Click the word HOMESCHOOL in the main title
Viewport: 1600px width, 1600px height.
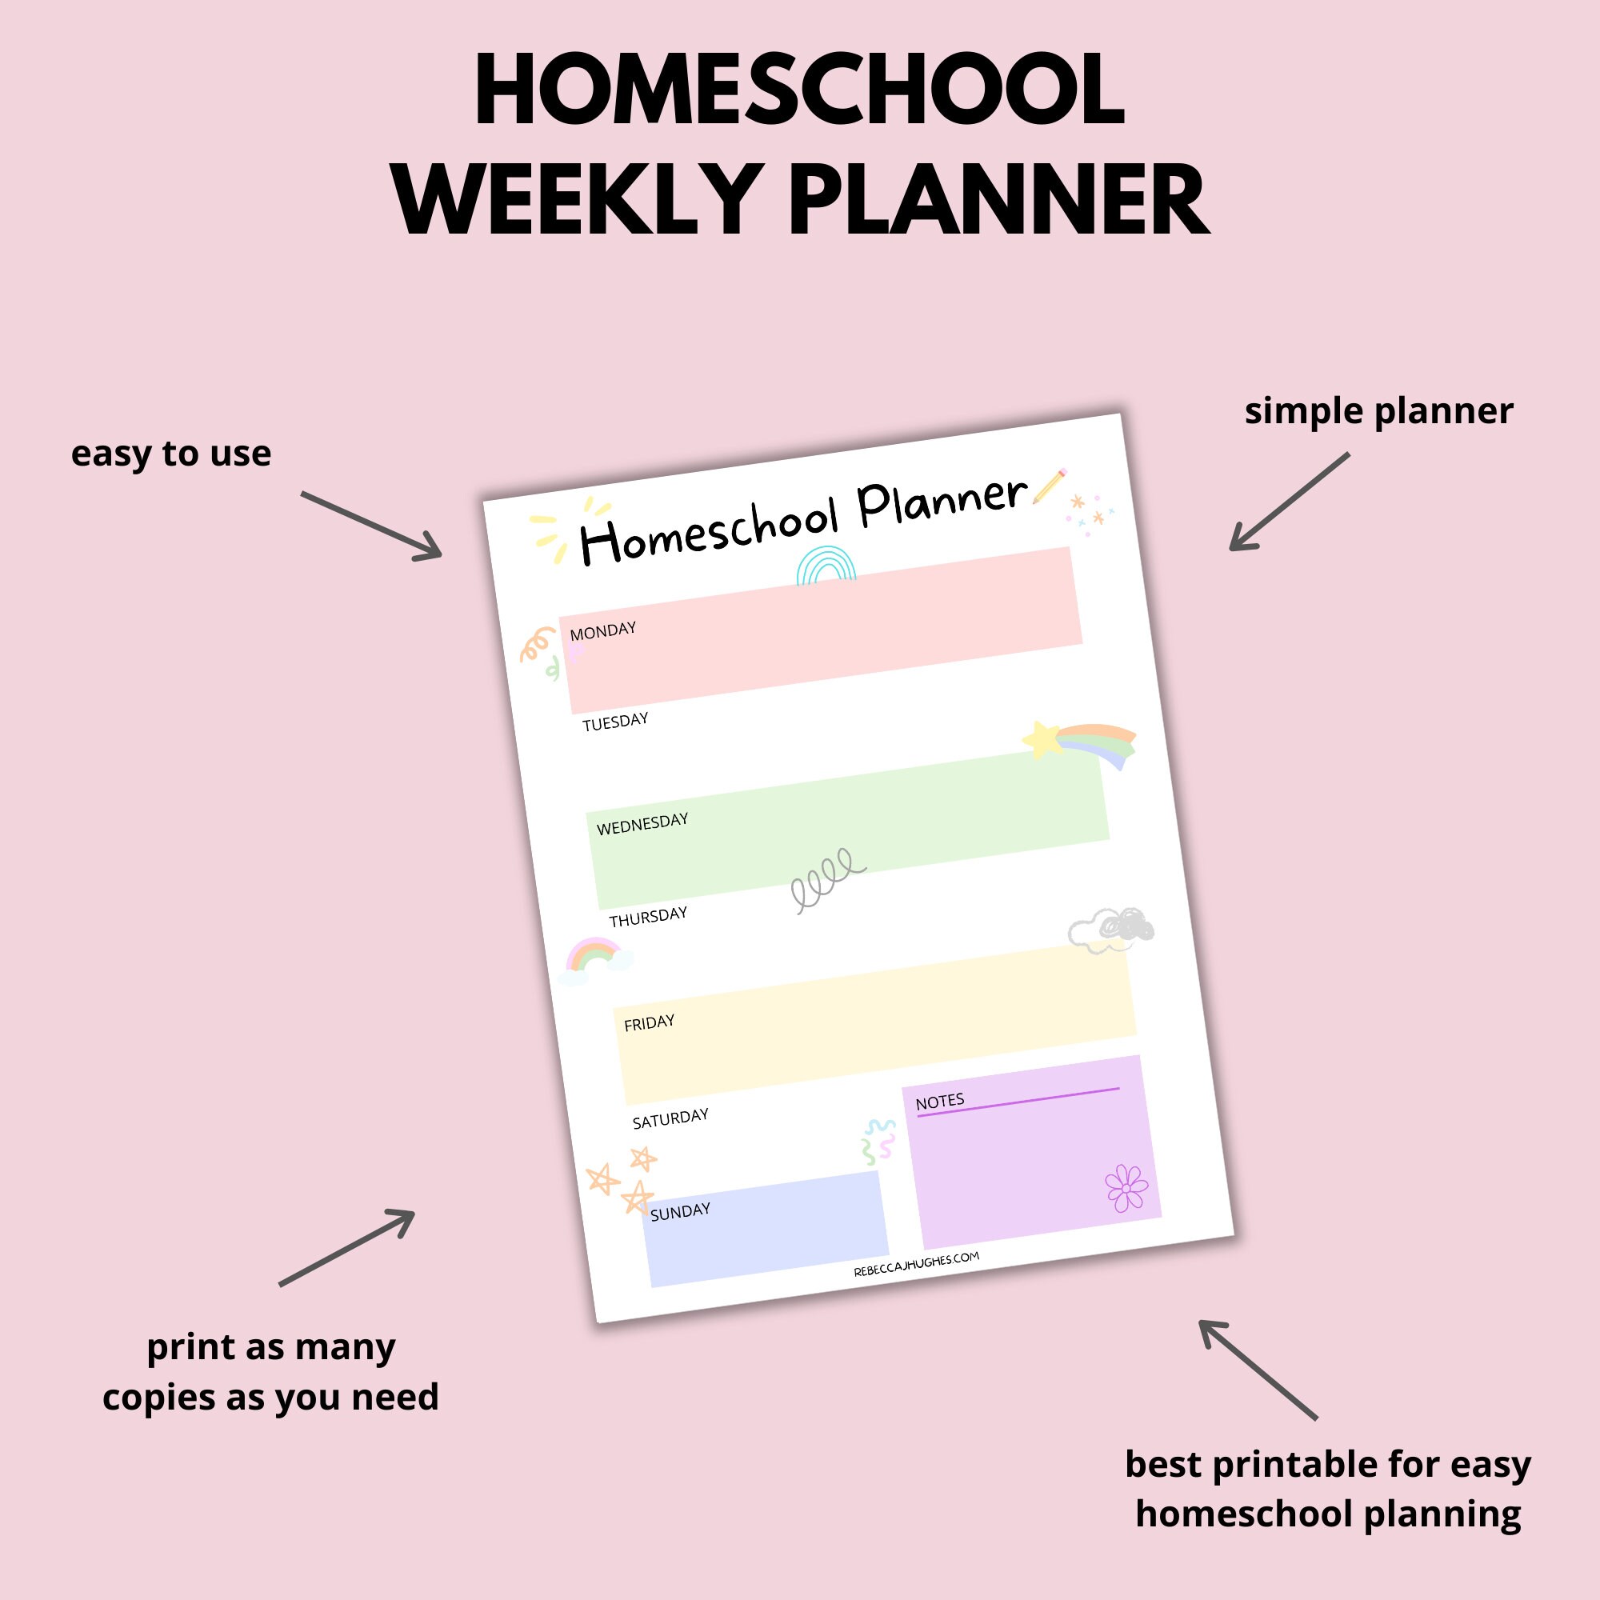pos(798,91)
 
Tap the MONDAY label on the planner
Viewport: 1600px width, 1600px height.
pos(603,631)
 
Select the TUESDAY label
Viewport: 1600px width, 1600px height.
pos(615,722)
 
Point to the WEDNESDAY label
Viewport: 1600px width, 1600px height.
pos(642,824)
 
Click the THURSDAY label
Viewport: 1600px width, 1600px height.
pos(649,917)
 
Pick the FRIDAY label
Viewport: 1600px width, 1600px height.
pos(650,1022)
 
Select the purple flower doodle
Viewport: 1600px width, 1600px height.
pos(1126,1189)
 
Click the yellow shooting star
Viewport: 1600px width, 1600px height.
pos(1043,738)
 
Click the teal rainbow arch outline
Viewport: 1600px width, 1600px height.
pos(825,566)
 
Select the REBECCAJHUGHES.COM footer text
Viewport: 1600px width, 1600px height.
pos(916,1265)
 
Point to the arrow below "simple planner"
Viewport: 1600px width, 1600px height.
pos(1289,502)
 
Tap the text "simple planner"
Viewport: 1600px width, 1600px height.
pos(1379,411)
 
